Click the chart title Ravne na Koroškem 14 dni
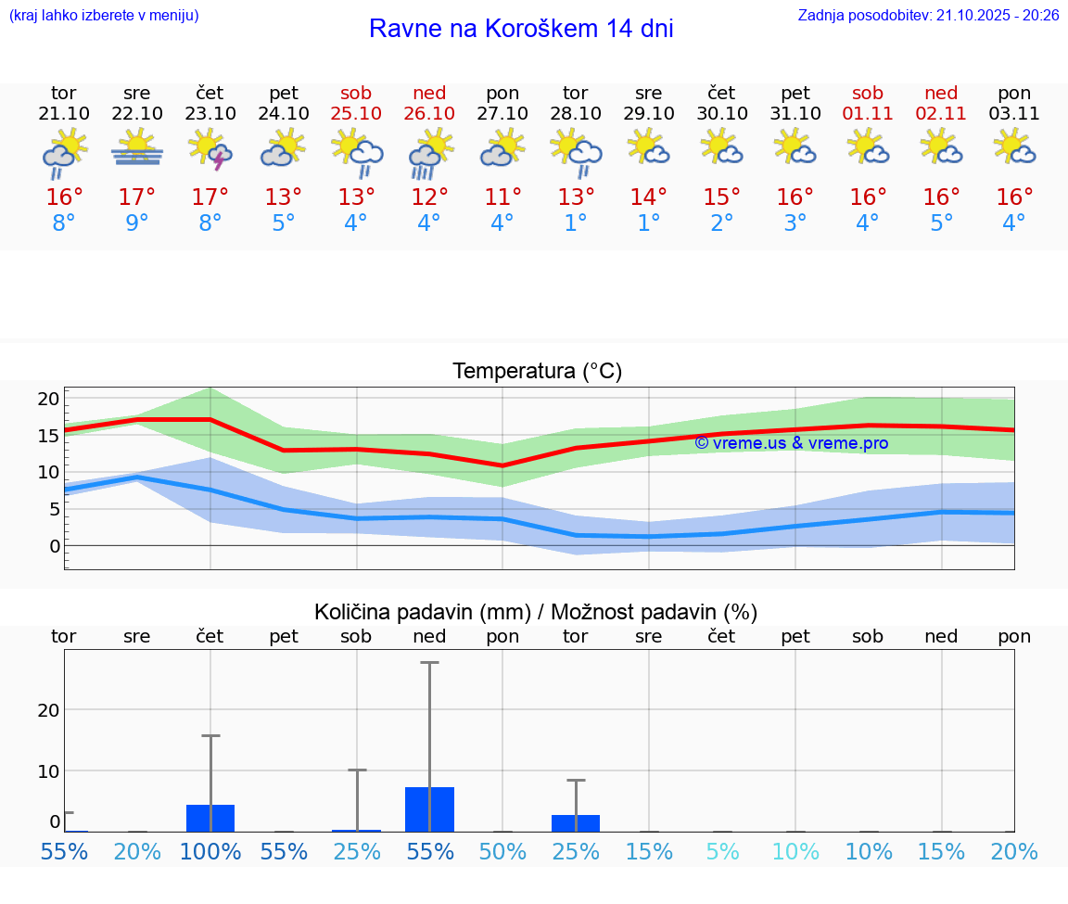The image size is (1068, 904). (x=521, y=29)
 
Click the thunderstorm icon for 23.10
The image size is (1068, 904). (x=210, y=150)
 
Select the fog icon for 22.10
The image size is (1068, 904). (x=137, y=148)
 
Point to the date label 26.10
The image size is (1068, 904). (x=429, y=114)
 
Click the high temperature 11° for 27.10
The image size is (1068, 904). (x=502, y=197)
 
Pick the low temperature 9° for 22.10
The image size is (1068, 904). (x=137, y=223)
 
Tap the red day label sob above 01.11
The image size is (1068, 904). (x=868, y=94)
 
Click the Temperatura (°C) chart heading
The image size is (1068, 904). (x=538, y=372)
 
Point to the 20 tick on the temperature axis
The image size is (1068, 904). (x=48, y=399)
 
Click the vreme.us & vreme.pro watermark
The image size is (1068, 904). (x=792, y=443)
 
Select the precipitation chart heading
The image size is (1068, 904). (x=536, y=612)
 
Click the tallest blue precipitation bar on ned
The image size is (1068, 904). (x=429, y=809)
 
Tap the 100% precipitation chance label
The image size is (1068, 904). (x=210, y=852)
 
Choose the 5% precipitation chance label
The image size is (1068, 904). (x=722, y=852)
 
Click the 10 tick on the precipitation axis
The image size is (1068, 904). (x=48, y=770)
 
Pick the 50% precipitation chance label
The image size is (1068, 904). (x=502, y=852)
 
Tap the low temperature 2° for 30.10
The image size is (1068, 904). (x=722, y=223)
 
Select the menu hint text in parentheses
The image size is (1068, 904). (x=104, y=15)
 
